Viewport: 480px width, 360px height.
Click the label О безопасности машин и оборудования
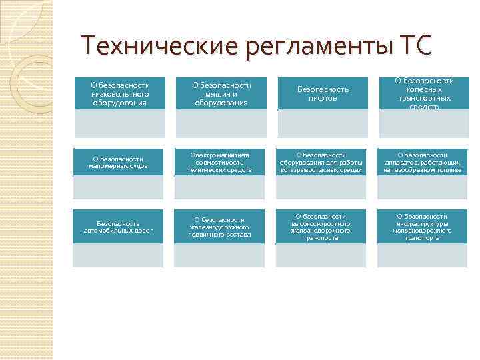point(221,94)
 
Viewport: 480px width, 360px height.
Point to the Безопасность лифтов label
point(322,94)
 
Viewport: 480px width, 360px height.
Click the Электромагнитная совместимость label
point(221,162)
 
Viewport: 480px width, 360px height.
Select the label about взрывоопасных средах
point(322,162)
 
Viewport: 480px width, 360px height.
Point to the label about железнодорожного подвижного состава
point(221,227)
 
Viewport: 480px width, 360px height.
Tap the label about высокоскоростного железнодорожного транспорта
point(322,227)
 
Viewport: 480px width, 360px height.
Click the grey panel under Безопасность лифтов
point(322,123)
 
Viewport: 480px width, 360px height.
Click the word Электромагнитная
point(220,155)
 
